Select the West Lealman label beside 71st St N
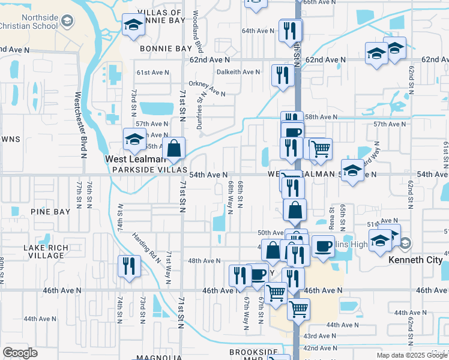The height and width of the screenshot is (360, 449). [x=134, y=160]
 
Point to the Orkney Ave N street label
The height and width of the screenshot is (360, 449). [x=206, y=89]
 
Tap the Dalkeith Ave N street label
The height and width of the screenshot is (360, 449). [x=238, y=71]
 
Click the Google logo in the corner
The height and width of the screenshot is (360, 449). [x=20, y=353]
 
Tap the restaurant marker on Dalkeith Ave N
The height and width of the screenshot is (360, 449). [x=281, y=75]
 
